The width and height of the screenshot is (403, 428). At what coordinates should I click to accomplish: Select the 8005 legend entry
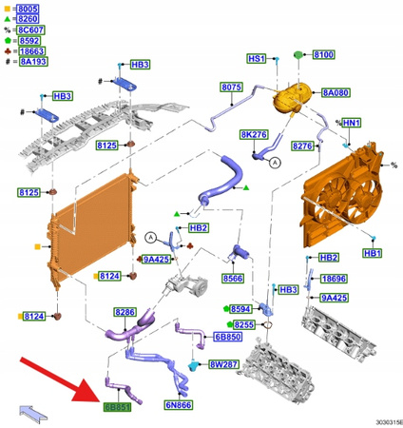pos(28,8)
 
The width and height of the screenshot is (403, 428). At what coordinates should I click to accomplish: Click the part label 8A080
pos(336,93)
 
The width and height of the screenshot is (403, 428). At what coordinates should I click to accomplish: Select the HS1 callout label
pos(256,58)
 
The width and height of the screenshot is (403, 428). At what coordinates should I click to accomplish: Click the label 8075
pos(231,88)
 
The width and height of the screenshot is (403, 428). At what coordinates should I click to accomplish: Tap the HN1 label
pos(351,123)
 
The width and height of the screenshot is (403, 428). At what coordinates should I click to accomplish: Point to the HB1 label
pos(373,253)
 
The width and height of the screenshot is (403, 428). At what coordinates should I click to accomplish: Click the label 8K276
pos(252,135)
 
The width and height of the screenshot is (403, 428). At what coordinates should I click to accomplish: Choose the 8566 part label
pos(233,278)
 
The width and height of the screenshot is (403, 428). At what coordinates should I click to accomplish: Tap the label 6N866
pos(178,405)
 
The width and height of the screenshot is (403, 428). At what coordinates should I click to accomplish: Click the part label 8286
pos(125,312)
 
